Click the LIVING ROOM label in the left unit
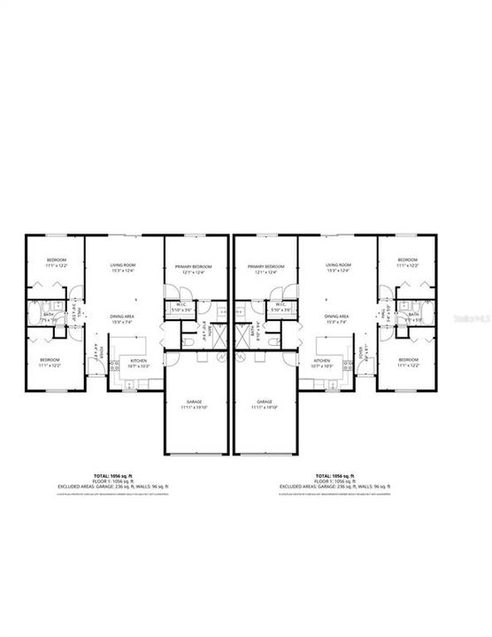pyautogui.click(x=122, y=266)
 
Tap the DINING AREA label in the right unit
pyautogui.click(x=336, y=316)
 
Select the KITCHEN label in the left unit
pyautogui.click(x=139, y=361)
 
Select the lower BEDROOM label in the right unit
pyautogui.click(x=407, y=361)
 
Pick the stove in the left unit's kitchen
pyautogui.click(x=114, y=365)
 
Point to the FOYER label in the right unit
pyautogui.click(x=359, y=354)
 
